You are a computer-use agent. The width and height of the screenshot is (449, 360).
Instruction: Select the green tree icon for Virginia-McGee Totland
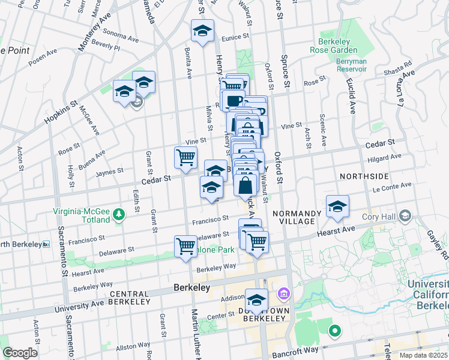[119, 214]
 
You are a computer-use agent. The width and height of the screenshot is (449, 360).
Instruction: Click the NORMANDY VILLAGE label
[294, 217]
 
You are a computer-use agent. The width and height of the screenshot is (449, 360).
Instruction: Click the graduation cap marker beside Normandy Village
[337, 206]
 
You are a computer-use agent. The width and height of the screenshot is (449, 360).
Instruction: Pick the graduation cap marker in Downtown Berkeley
[257, 299]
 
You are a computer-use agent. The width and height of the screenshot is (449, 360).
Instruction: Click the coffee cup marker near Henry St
[233, 100]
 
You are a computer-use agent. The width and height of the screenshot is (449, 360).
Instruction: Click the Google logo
[20, 353]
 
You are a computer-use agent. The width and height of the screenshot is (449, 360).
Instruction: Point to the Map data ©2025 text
[423, 355]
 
